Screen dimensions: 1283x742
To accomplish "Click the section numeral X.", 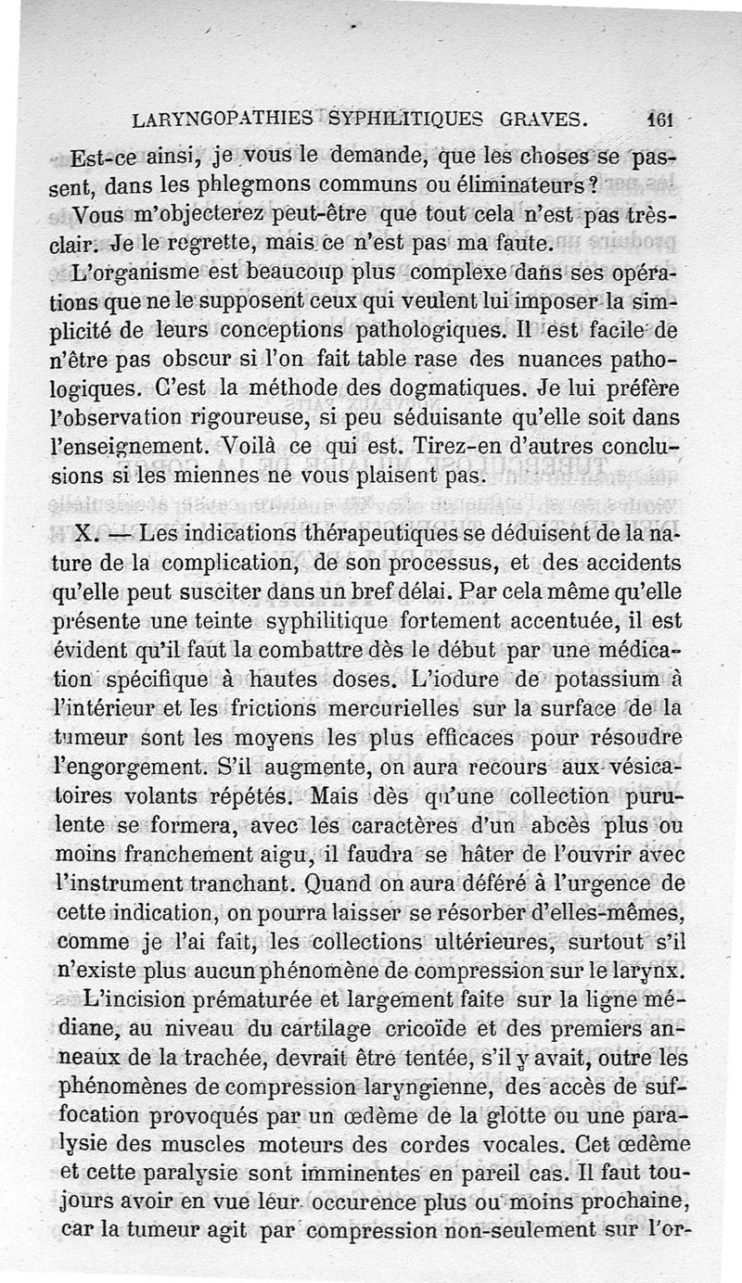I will coord(82,536).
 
